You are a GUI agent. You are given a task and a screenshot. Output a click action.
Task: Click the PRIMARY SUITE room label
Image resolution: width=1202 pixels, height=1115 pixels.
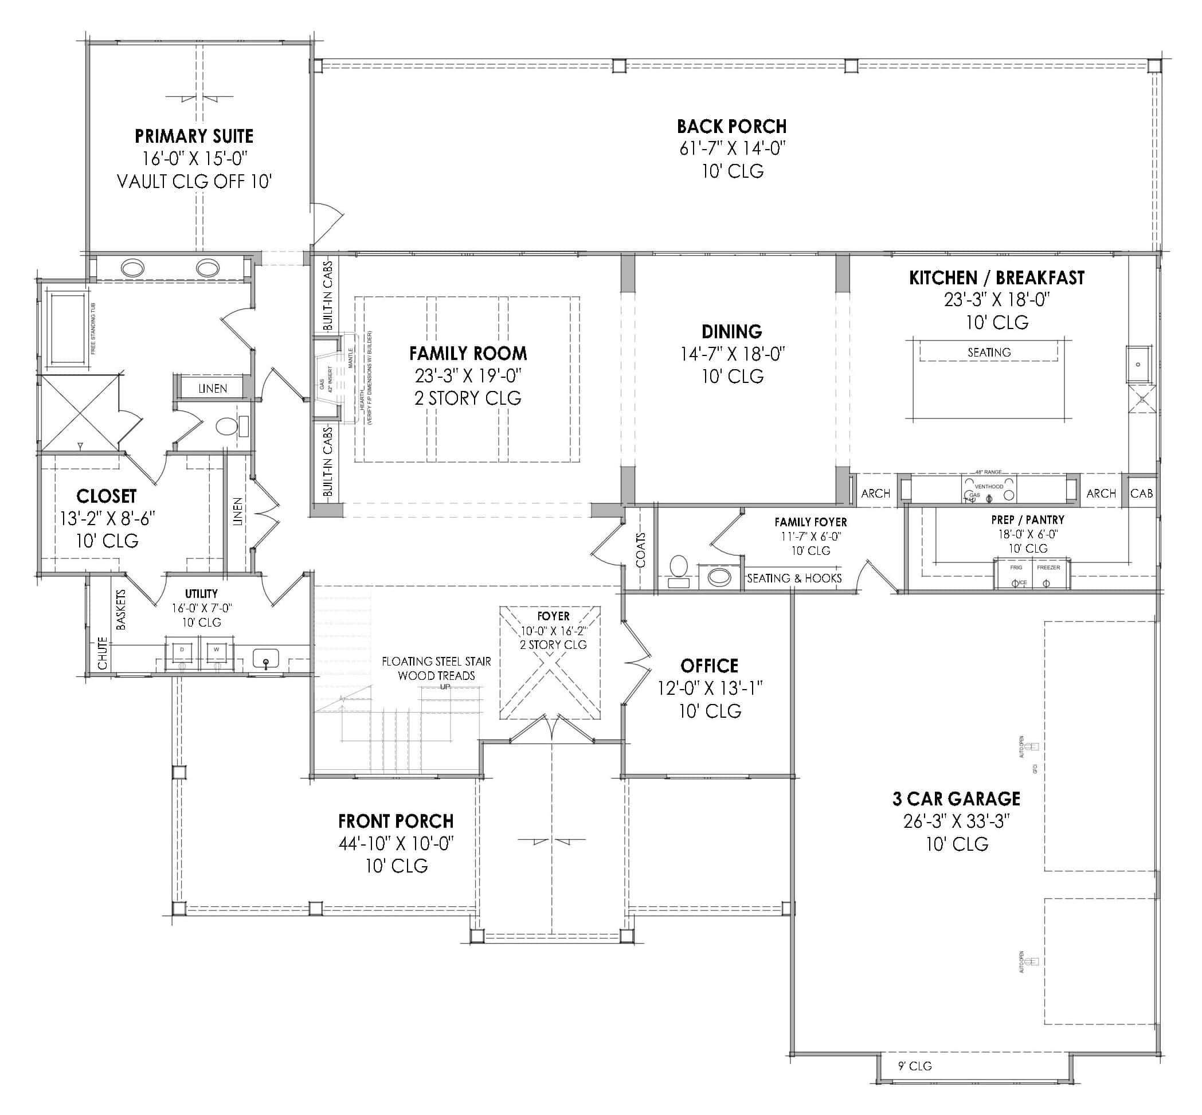coord(194,136)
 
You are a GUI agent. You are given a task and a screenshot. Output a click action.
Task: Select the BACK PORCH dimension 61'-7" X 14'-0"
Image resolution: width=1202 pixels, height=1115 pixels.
coord(732,148)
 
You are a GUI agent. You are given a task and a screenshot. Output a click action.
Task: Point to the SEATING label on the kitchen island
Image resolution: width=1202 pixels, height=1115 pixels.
coord(988,353)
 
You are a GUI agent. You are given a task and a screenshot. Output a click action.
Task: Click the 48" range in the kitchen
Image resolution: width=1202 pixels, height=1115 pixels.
coord(988,490)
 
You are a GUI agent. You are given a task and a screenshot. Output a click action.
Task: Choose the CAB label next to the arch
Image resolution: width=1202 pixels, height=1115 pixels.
coord(1141,494)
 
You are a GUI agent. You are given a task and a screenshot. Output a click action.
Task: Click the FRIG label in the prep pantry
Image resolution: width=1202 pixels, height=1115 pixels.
coord(1016,568)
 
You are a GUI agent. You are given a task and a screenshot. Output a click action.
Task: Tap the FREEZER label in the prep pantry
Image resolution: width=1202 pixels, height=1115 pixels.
coord(1048,568)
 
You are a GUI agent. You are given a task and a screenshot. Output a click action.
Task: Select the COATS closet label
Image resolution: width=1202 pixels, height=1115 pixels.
coord(640,550)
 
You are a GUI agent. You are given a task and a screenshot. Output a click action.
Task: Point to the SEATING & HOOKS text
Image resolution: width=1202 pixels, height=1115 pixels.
coord(793,578)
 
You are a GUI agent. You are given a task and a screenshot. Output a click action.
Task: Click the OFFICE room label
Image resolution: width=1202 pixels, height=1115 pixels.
coord(709,666)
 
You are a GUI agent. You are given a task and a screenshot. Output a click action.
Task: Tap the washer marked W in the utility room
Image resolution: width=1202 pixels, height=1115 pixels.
coord(216,651)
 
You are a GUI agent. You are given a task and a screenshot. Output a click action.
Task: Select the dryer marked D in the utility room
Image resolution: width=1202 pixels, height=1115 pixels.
coord(182,651)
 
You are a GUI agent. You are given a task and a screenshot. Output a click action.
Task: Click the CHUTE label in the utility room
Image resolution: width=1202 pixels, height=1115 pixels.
coord(102,653)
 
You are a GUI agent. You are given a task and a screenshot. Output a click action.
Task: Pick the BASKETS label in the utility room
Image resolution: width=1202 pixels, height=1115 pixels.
coord(121,609)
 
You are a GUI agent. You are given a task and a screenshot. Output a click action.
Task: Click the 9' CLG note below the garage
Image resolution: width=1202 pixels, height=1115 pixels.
coord(914,1066)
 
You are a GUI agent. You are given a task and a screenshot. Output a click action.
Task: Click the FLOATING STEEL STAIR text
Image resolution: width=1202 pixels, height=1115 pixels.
coord(436,662)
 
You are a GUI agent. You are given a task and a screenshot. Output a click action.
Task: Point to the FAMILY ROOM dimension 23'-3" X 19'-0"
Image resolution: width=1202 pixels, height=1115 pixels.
coord(468,376)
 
